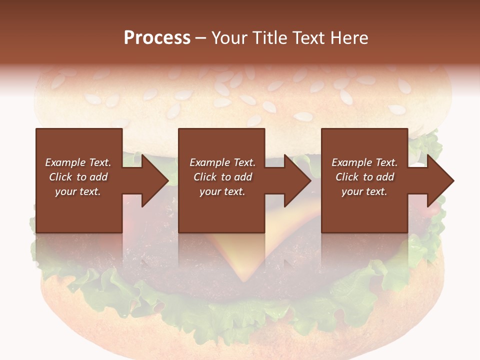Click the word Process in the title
point(157,38)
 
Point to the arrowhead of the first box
point(155,180)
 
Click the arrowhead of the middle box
point(297,180)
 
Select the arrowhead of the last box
point(440,180)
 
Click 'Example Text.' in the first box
point(78,162)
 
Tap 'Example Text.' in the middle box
point(222,162)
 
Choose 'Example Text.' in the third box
point(364,162)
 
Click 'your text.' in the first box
point(78,191)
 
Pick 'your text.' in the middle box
point(222,191)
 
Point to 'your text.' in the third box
point(364,191)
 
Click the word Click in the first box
point(60,177)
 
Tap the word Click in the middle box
point(205,177)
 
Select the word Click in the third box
point(347,177)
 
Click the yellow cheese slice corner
point(245,270)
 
